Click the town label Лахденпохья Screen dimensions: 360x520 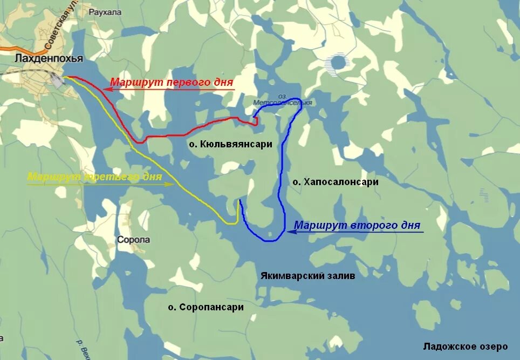pyautogui.click(x=49, y=58)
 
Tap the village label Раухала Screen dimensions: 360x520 pyautogui.click(x=102, y=11)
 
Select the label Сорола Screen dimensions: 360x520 pyautogui.click(x=133, y=240)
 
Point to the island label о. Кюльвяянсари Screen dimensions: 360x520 pyautogui.click(x=230, y=145)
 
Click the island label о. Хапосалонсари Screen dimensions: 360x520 pyautogui.click(x=336, y=182)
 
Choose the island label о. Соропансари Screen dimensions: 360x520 pyautogui.click(x=206, y=307)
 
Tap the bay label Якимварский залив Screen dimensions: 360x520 pyautogui.click(x=307, y=276)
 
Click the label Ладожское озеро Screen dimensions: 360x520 pyautogui.click(x=466, y=346)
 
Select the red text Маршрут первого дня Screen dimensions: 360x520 pyautogui.click(x=172, y=83)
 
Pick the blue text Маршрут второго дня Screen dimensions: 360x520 pyautogui.click(x=357, y=226)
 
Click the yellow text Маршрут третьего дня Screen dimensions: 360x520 pyautogui.click(x=94, y=177)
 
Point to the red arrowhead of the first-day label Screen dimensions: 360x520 pyautogui.click(x=106, y=90)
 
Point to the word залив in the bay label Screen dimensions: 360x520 pyautogui.click(x=342, y=276)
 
